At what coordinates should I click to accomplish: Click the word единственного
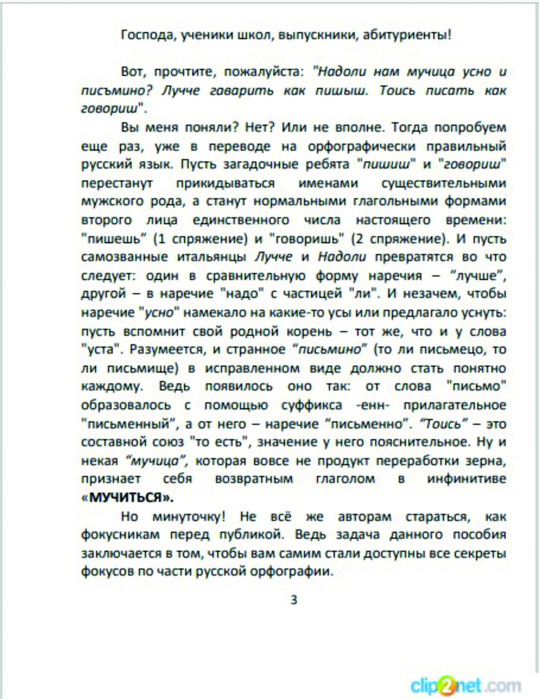pyautogui.click(x=241, y=220)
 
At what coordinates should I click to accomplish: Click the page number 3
pyautogui.click(x=294, y=599)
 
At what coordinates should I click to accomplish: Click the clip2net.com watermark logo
pyautogui.click(x=466, y=686)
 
